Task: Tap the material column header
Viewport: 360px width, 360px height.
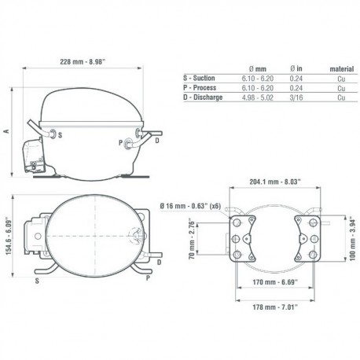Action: (x=340, y=68)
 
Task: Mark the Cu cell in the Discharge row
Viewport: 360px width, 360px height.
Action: (x=340, y=97)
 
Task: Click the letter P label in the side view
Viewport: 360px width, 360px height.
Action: (x=119, y=142)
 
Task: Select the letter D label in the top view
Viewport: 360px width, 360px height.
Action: (x=160, y=262)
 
